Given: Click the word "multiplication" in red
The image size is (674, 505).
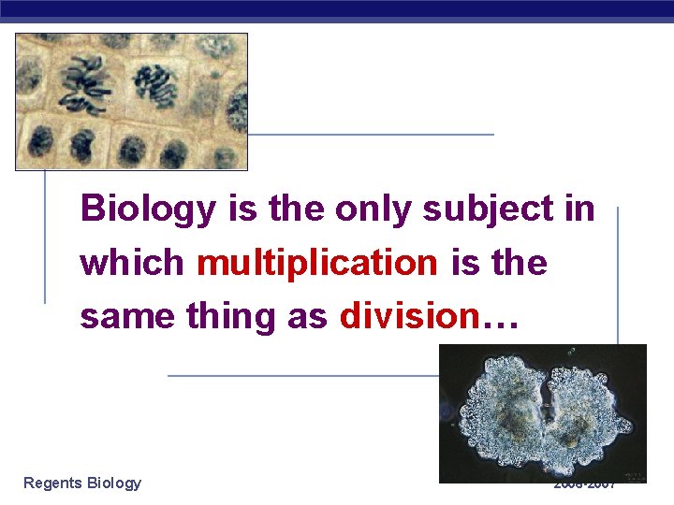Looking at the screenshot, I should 316,263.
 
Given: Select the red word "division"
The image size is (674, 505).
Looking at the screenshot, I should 408,316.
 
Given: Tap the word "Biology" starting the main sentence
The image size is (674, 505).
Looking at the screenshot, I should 147,209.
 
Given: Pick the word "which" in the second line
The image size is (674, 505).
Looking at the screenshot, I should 131,263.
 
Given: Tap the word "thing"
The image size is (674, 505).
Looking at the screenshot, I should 231,317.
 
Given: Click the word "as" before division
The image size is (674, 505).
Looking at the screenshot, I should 308,317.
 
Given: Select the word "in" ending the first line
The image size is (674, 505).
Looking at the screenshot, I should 579,209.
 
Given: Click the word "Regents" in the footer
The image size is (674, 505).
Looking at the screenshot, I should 52,483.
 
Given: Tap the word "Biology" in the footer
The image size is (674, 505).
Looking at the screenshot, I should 113,483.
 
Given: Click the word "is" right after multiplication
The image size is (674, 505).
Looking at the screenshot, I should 464,263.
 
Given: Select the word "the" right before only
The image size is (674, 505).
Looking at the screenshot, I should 289,209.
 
